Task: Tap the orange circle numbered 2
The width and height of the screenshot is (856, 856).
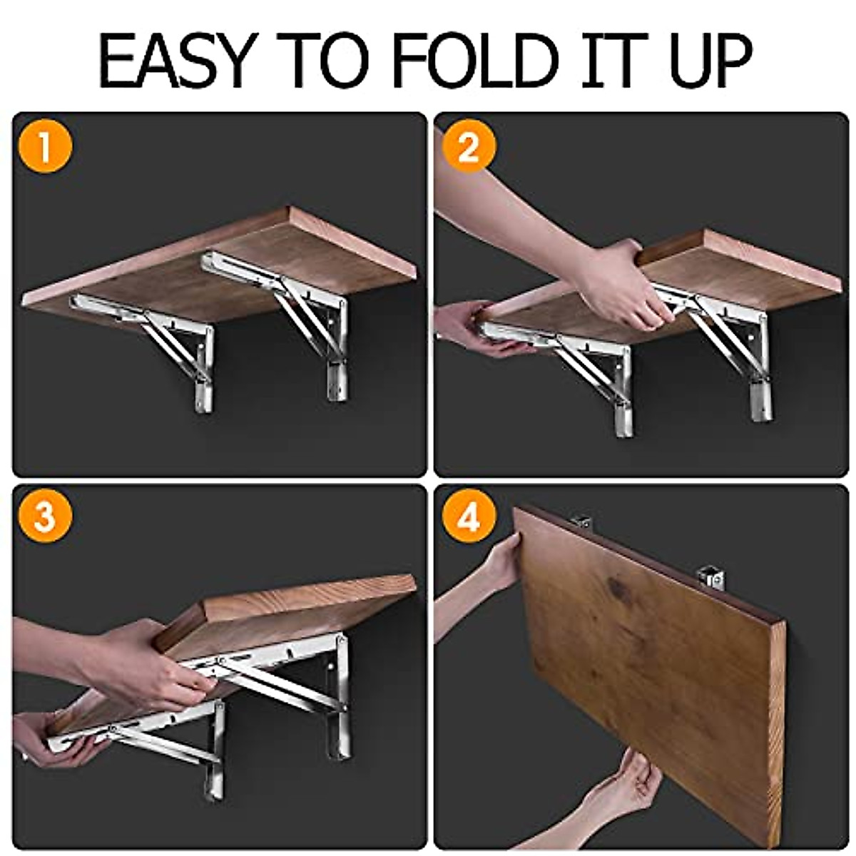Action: click(x=467, y=150)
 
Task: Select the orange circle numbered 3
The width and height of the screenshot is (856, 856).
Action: click(x=45, y=517)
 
